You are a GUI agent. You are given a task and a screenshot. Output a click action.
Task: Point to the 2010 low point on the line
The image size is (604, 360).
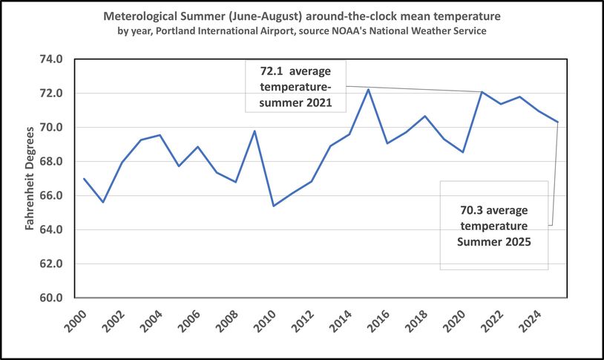coord(274,206)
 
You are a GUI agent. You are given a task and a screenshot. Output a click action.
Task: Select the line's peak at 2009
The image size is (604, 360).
coord(255,131)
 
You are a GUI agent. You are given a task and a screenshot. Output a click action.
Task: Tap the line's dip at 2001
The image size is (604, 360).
coord(103,202)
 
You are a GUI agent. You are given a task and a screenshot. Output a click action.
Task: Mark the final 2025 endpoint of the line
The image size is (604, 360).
coord(557,122)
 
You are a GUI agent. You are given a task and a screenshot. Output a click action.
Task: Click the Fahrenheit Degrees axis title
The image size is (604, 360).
coord(30,178)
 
